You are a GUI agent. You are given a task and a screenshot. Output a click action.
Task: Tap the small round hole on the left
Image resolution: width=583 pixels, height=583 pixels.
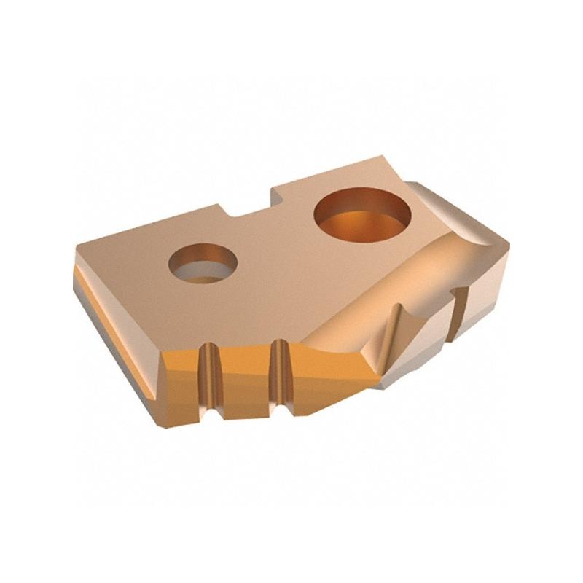[203, 263]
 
